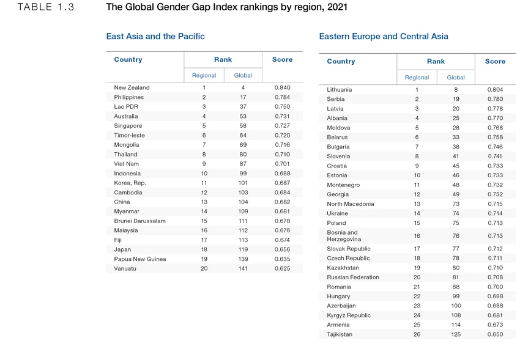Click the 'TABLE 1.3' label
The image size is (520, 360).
pos(46,8)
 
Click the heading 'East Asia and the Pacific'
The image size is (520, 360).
pos(155,36)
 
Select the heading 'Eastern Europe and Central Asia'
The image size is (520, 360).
pos(384,36)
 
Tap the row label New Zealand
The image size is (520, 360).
pos(132,87)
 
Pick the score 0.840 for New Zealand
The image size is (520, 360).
pos(282,87)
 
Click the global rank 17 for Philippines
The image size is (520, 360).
pos(243,97)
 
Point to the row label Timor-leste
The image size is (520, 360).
pos(129,135)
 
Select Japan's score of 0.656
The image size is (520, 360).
pos(282,249)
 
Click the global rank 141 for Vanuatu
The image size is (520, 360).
pos(243,268)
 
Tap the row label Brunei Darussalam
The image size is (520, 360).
pos(139,221)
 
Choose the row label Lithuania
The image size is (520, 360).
pos(340,89)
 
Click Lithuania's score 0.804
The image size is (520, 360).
pos(495,89)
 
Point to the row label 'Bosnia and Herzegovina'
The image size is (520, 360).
pos(344,235)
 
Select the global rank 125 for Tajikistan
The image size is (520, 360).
pos(456,334)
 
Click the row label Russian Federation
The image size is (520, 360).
pos(353,277)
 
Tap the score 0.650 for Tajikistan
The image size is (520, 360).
pos(495,334)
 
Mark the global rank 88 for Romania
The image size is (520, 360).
pos(456,287)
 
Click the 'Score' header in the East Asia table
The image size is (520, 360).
pos(282,59)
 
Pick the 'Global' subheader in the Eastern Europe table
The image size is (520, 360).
pos(456,78)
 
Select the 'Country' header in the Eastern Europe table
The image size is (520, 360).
pos(341,61)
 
